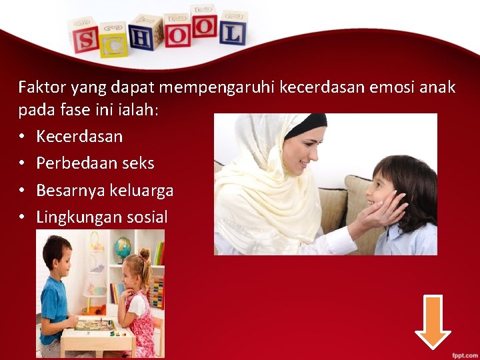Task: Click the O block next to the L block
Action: pyautogui.click(x=204, y=26)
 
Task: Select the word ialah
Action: pyautogui.click(x=135, y=110)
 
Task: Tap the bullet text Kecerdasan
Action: pyautogui.click(x=79, y=137)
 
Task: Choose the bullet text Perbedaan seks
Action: pyautogui.click(x=95, y=163)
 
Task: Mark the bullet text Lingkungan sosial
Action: pyautogui.click(x=102, y=217)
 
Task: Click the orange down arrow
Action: pyautogui.click(x=433, y=321)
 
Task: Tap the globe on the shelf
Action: pyautogui.click(x=123, y=247)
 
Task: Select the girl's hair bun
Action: pyautogui.click(x=144, y=254)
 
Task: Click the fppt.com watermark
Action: pyautogui.click(x=461, y=352)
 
